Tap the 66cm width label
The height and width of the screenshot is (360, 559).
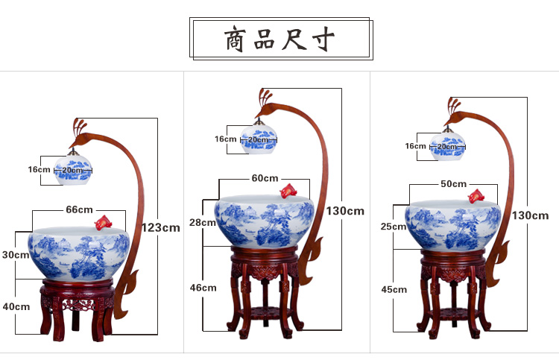(x=79, y=209)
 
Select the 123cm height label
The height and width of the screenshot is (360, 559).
(x=161, y=227)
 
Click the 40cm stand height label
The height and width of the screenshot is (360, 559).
(x=16, y=306)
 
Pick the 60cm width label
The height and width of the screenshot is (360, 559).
(x=265, y=178)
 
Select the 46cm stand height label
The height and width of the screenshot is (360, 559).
(x=203, y=287)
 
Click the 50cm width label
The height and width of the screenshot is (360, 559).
(x=453, y=183)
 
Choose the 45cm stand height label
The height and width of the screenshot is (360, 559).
(x=394, y=289)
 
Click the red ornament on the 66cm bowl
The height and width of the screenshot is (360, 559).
(x=104, y=221)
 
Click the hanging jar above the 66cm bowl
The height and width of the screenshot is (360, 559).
(x=74, y=170)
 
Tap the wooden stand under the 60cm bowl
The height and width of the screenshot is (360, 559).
(x=265, y=291)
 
